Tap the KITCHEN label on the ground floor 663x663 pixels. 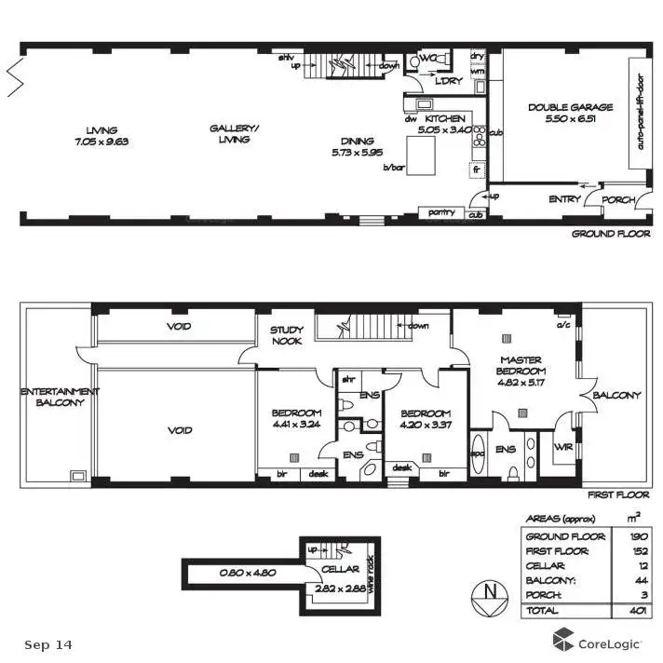tap(444, 119)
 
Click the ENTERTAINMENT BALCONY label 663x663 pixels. tap(53, 397)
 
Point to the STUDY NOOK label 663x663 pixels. tap(287, 336)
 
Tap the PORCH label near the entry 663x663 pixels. tap(618, 199)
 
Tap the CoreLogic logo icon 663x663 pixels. tap(563, 640)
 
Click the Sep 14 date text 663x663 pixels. tap(47, 644)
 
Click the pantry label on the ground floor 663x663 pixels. tap(441, 212)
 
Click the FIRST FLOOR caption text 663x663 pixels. tap(617, 495)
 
